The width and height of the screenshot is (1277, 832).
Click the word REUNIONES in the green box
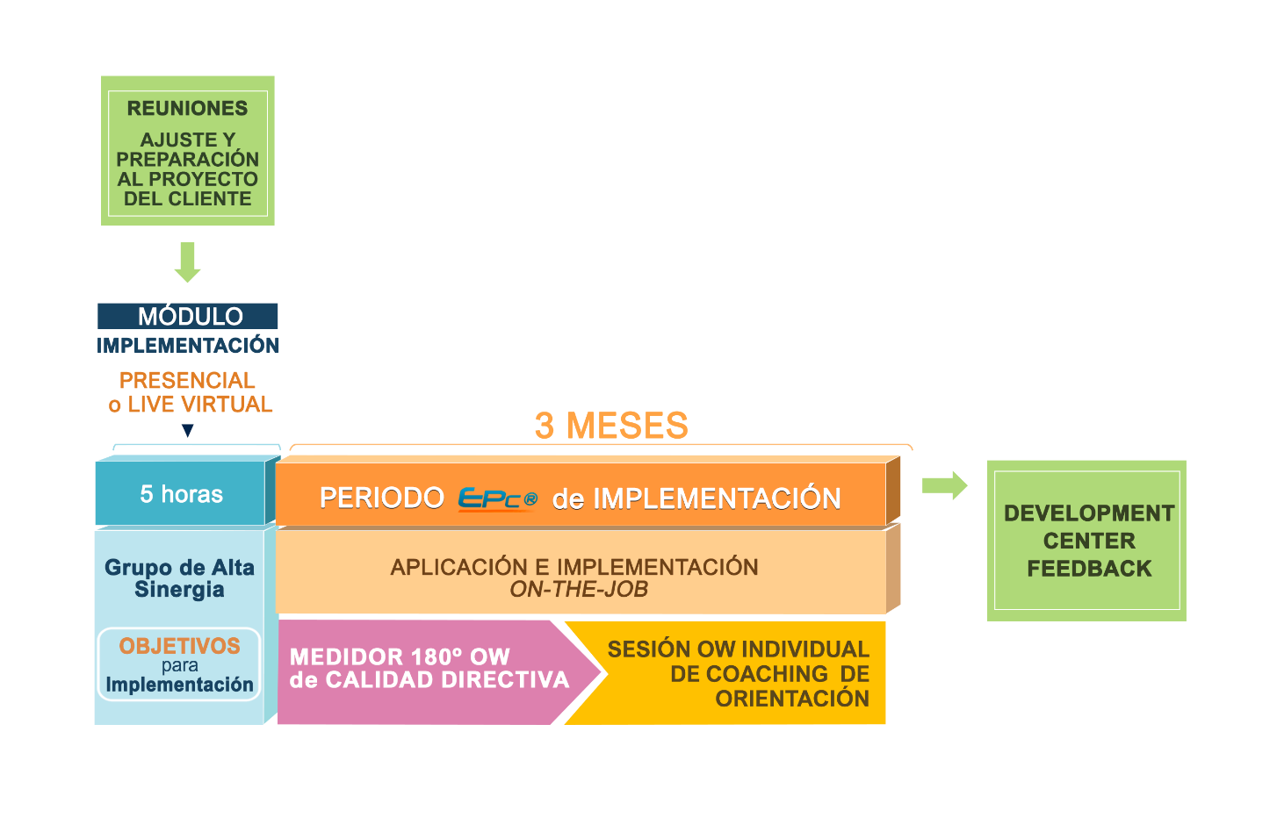point(187,109)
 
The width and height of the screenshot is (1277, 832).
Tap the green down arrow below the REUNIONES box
point(187,262)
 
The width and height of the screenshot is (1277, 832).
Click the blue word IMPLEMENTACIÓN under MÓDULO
point(188,345)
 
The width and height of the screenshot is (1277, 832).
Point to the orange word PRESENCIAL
point(187,381)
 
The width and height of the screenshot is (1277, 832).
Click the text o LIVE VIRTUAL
point(191,405)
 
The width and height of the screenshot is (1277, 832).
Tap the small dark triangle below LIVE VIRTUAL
point(186,430)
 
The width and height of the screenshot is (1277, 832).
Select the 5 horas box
point(181,494)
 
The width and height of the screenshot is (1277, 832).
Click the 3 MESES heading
point(611,426)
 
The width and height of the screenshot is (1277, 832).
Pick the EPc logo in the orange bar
point(497,498)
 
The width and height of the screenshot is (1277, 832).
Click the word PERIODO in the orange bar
point(381,498)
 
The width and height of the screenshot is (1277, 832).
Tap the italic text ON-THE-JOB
point(579,590)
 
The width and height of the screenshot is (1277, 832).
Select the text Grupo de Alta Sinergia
point(179,578)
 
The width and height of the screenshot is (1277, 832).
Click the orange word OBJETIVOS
point(180,646)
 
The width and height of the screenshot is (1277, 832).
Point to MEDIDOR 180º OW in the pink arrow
point(400,656)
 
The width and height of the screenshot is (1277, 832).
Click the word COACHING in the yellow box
point(768,674)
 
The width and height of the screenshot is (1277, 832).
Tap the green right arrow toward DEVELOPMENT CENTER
point(944,484)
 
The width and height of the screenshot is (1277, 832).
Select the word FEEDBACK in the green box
point(1089,569)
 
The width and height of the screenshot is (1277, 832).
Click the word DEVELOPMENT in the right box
point(1089,513)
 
